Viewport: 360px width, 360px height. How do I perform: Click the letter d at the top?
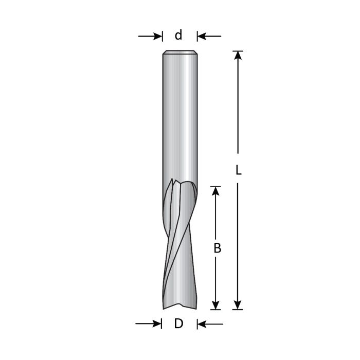pos(178,35)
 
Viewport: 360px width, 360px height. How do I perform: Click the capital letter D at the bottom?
pos(178,324)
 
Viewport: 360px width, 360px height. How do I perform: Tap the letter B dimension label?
pos(217,248)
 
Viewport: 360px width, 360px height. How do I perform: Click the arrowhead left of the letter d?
pos(157,36)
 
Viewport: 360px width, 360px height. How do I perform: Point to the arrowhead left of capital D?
pos(156,323)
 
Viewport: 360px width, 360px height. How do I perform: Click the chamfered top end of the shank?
pos(179,52)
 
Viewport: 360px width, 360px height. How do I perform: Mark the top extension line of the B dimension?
pos(216,186)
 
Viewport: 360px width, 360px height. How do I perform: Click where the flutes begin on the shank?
pos(180,183)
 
